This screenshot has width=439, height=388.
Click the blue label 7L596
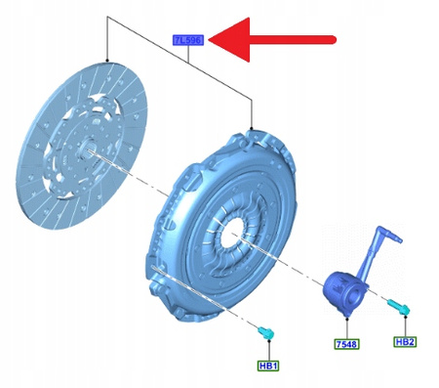tap(186, 40)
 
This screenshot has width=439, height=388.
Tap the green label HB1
tap(267, 366)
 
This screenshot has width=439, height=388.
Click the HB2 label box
tap(406, 341)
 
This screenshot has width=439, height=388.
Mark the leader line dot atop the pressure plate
tap(253, 128)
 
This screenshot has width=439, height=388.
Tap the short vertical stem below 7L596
tap(186, 53)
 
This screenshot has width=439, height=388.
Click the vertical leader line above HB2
tap(405, 326)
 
